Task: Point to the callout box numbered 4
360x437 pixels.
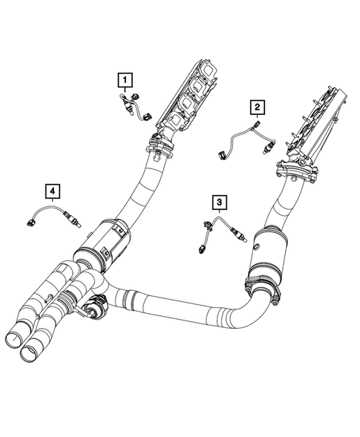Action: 53,192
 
